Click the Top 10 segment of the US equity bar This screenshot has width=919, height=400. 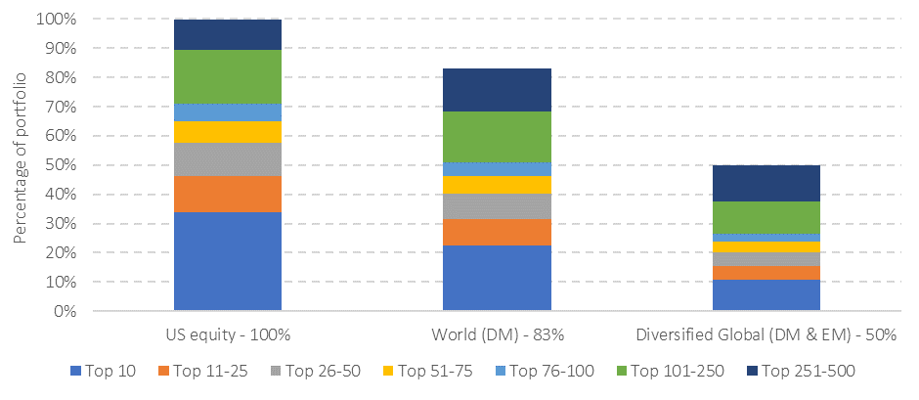click(228, 261)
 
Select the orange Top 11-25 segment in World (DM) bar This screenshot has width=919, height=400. click(497, 232)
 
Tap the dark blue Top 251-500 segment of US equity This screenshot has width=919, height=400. click(228, 34)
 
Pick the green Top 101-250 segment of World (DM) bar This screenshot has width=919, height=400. click(497, 136)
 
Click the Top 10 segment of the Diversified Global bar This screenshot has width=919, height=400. click(766, 295)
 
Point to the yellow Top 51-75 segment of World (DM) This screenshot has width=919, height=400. click(497, 185)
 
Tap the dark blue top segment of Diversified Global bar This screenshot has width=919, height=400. click(766, 183)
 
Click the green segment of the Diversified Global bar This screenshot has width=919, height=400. click(766, 217)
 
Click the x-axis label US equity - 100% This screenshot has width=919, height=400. click(228, 334)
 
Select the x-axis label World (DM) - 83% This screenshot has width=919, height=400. click(497, 334)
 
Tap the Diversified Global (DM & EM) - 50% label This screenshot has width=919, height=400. click(766, 334)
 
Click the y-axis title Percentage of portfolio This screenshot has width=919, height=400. click(21, 165)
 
